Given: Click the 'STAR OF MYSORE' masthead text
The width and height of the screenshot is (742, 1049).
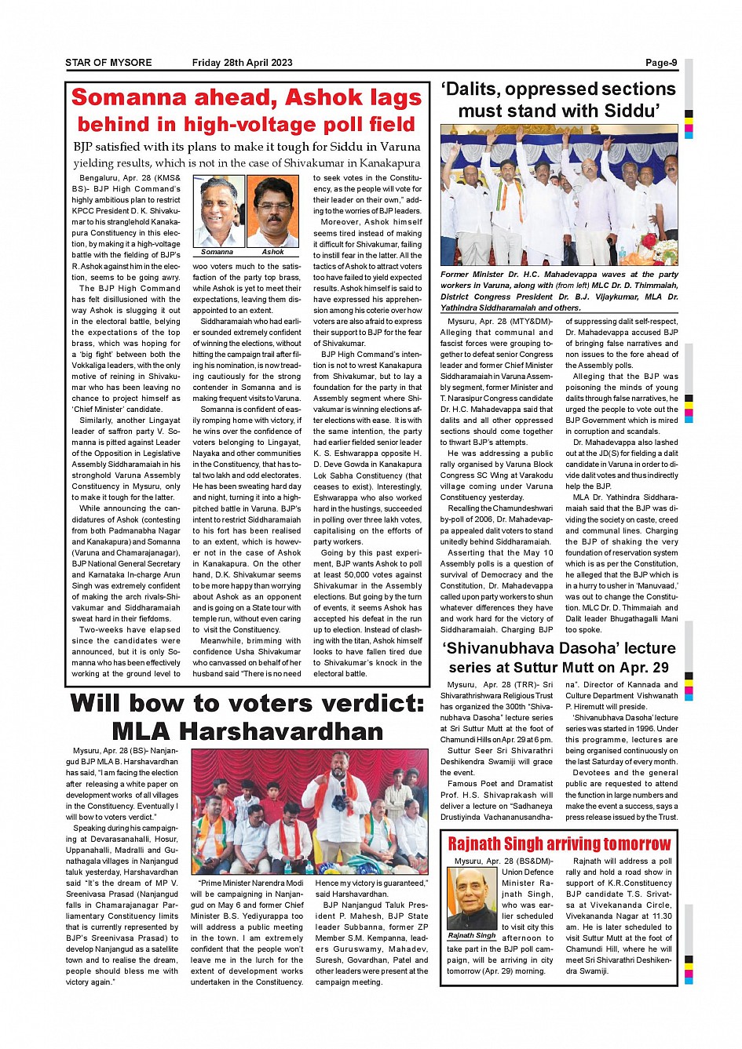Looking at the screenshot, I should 108,63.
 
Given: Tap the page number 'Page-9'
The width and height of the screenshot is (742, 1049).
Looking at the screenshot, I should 661,63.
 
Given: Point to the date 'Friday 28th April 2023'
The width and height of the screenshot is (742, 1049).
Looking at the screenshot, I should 242,63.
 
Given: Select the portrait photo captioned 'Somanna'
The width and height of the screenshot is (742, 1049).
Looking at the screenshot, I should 218,211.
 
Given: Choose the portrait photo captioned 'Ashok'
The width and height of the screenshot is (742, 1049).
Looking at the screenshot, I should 272,211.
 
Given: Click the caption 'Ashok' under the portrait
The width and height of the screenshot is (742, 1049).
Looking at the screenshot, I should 272,253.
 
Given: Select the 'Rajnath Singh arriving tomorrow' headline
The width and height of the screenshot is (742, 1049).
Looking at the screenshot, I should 559,844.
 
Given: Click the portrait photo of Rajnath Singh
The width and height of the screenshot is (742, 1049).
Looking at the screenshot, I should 472,898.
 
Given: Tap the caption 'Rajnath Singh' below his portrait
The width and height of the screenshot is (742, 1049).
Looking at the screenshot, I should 472,935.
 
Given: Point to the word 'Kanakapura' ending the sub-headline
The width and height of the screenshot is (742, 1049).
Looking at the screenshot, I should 382,163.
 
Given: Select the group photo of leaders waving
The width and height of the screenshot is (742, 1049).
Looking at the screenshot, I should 559,195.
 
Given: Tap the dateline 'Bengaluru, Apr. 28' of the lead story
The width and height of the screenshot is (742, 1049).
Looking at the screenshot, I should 114,179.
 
